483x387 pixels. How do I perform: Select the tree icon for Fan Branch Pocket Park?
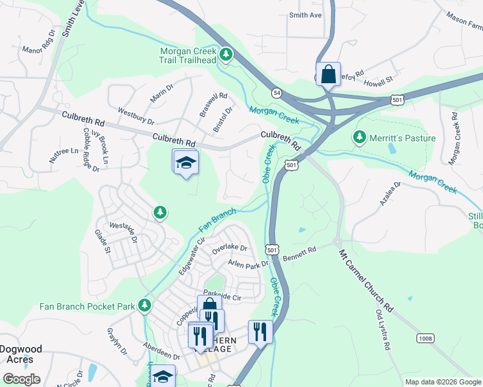coord(145,304)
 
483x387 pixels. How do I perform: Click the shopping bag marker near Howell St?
coord(328,74)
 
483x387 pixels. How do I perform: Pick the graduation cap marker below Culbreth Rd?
coord(185,163)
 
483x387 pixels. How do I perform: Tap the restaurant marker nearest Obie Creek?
coord(260,332)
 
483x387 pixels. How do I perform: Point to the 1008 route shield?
coord(425,337)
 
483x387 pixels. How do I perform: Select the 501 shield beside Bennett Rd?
coord(272,249)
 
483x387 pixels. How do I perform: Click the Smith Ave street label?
coord(305,15)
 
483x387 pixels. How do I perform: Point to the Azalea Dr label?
coord(391,193)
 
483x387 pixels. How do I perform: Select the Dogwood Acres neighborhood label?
coord(21,355)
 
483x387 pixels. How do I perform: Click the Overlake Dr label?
coord(230,248)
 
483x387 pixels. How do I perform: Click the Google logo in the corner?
coord(21,379)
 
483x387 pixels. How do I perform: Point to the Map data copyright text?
coord(443,382)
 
